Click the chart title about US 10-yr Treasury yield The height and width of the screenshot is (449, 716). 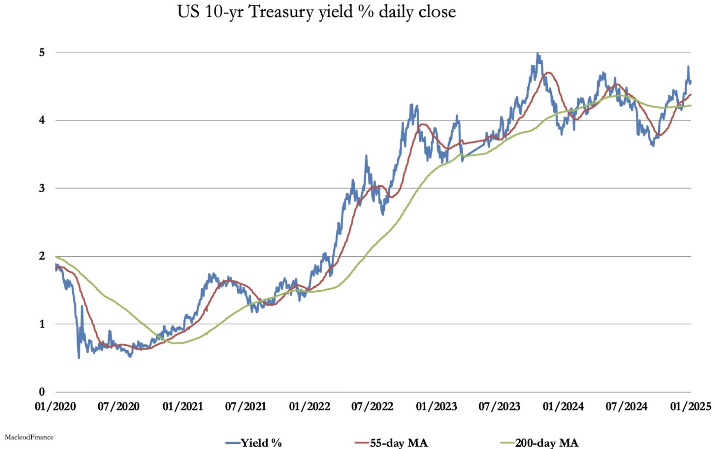pyautogui.click(x=317, y=12)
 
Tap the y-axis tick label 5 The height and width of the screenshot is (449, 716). pyautogui.click(x=42, y=52)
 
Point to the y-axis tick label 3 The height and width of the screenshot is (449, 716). pyautogui.click(x=42, y=188)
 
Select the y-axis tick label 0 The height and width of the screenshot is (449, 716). pyautogui.click(x=42, y=392)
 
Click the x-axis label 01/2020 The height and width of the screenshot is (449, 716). pyautogui.click(x=55, y=407)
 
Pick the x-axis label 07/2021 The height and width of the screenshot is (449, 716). pyautogui.click(x=246, y=407)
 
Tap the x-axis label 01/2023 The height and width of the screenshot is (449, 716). pyautogui.click(x=436, y=407)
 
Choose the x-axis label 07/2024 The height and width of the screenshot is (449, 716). pyautogui.click(x=626, y=407)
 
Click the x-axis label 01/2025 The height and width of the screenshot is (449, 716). pyautogui.click(x=690, y=407)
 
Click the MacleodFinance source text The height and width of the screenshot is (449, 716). pyautogui.click(x=29, y=437)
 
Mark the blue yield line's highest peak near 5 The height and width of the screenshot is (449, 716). pyautogui.click(x=538, y=54)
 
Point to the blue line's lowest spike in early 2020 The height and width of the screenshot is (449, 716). pyautogui.click(x=79, y=358)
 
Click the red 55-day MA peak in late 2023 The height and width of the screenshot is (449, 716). pyautogui.click(x=549, y=72)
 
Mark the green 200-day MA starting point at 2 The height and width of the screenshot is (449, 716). pyautogui.click(x=56, y=257)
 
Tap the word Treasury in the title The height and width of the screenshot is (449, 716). pyautogui.click(x=282, y=12)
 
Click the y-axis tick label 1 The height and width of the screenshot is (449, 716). pyautogui.click(x=42, y=324)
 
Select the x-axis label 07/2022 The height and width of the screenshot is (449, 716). pyautogui.click(x=372, y=407)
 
